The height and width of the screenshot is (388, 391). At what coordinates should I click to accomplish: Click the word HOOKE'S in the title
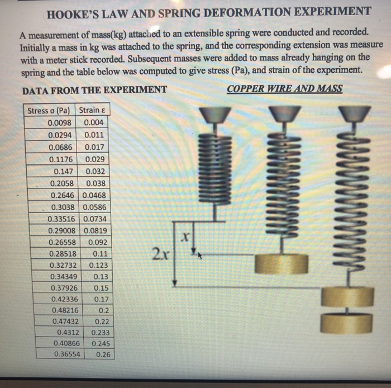click(x=75, y=12)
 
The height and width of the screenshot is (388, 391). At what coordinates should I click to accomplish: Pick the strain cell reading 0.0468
click(x=95, y=195)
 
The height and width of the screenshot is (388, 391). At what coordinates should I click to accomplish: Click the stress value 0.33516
click(x=63, y=219)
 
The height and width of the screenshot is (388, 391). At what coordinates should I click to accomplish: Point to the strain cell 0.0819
click(x=96, y=230)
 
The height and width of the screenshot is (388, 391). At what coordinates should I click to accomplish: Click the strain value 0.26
click(x=102, y=354)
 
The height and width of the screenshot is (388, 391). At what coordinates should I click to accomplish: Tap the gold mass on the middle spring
click(x=281, y=263)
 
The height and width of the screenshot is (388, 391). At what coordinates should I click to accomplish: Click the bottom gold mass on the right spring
click(x=347, y=323)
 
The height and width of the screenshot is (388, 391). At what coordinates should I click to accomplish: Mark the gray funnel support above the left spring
click(x=215, y=115)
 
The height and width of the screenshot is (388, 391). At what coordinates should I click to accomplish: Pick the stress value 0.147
click(x=65, y=172)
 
